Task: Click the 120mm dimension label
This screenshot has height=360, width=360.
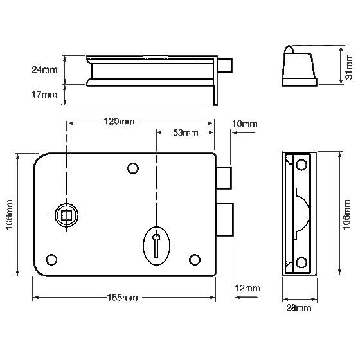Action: pos(119,122)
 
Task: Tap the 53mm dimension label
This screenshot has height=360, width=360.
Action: pos(186,132)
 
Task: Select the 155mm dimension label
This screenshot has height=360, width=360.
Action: pos(123,298)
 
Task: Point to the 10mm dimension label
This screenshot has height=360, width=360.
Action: pos(244,123)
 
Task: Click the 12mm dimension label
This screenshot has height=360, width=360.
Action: pos(248,288)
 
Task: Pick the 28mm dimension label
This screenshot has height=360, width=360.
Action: pos(299,308)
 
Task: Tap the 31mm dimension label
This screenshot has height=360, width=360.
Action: pos(348,67)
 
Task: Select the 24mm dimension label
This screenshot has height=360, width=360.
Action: pos(44,69)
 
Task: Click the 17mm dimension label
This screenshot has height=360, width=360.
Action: pos(44,94)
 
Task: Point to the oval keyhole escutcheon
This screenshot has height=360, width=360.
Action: pos(157,246)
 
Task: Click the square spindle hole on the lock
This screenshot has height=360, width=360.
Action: pos(66,215)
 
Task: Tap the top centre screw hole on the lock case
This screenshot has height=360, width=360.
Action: pos(133,168)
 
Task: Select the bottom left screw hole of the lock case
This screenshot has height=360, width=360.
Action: pos(51,260)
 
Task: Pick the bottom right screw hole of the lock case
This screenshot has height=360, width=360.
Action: pos(195,260)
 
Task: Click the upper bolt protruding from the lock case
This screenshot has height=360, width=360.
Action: pos(224,178)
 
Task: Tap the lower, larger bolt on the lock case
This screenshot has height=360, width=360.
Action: pos(225,219)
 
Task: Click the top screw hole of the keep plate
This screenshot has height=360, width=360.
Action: pos(301,165)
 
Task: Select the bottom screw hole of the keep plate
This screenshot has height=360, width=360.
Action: pos(301,262)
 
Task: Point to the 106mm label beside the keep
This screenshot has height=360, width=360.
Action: pos(346,215)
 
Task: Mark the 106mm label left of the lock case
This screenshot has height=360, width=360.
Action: pos(9,215)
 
